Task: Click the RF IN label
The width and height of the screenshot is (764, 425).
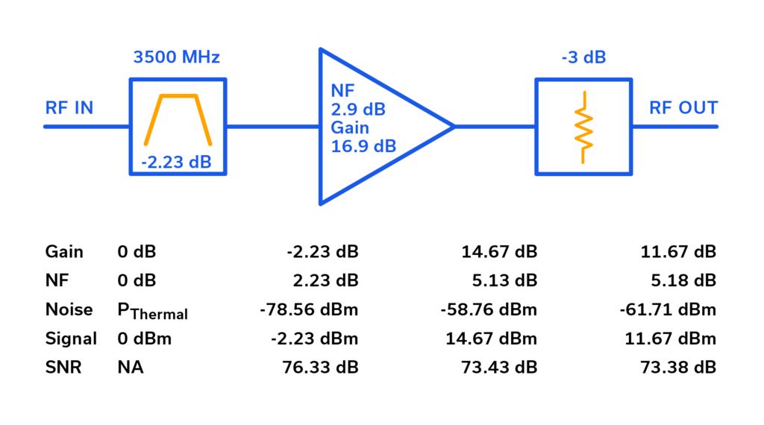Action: (69, 108)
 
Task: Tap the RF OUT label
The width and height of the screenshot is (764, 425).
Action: (683, 108)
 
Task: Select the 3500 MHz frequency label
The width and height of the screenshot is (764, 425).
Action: (176, 57)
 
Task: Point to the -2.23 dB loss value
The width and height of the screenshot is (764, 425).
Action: (177, 162)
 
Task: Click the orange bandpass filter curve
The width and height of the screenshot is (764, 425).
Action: (178, 96)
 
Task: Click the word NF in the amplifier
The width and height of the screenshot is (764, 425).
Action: (342, 92)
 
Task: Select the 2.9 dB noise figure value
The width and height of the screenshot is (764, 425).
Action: (358, 110)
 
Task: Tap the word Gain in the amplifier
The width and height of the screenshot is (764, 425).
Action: (350, 127)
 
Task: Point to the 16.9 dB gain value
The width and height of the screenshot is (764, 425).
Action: (363, 146)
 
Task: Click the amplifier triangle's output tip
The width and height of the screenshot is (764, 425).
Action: (451, 127)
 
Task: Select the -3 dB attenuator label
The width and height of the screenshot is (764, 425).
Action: (583, 57)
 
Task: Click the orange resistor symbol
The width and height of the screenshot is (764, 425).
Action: (583, 127)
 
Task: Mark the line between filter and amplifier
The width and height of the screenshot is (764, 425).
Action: (273, 127)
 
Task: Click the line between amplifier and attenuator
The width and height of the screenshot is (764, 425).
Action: (494, 127)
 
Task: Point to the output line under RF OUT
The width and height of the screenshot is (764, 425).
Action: (675, 127)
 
